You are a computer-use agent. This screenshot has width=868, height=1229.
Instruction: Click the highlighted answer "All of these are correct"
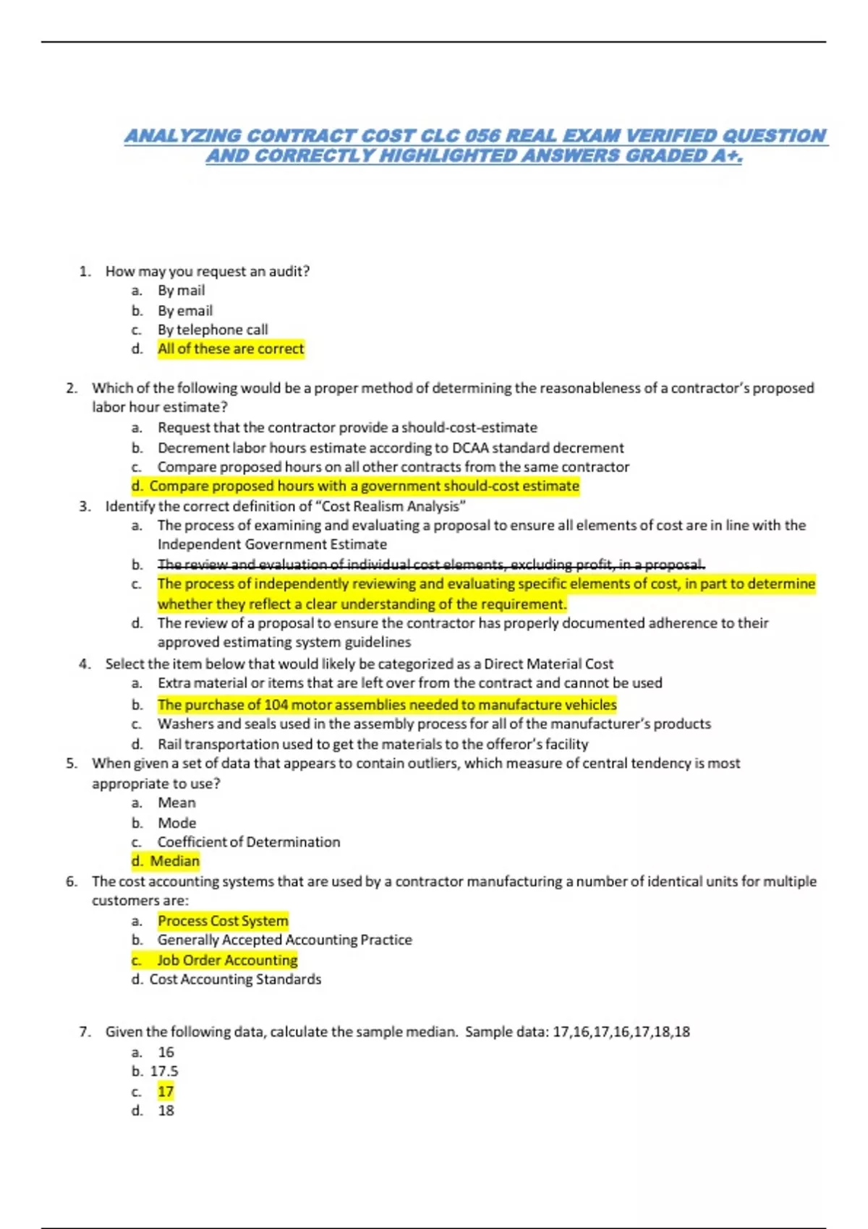(231, 349)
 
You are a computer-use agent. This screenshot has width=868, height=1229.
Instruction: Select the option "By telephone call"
(213, 330)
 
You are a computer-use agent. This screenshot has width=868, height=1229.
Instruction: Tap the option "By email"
(185, 311)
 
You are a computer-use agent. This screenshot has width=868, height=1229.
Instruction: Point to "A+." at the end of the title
(726, 156)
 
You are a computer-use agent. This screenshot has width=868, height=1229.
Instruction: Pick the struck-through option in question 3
(431, 564)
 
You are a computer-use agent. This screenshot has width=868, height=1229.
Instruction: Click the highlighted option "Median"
(174, 861)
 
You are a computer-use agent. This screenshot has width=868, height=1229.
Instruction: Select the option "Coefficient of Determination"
(249, 842)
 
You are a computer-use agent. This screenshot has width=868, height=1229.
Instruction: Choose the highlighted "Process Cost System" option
(223, 921)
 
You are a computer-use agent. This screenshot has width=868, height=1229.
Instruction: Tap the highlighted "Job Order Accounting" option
(227, 960)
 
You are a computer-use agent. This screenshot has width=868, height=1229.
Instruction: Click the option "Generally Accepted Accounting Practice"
(284, 940)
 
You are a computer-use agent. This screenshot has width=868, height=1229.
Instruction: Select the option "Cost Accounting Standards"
(235, 980)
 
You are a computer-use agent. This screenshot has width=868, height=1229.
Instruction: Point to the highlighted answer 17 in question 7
(166, 1092)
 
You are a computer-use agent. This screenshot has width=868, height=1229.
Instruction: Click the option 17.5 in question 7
(164, 1071)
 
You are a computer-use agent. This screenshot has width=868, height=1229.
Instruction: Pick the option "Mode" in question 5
(177, 823)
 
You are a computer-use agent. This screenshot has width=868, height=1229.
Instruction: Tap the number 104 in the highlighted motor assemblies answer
(276, 705)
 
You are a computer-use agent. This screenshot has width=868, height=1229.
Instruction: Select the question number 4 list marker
(85, 664)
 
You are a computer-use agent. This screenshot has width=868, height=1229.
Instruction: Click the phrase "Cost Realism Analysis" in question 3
(391, 506)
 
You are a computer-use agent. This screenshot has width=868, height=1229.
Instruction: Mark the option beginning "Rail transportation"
(373, 744)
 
